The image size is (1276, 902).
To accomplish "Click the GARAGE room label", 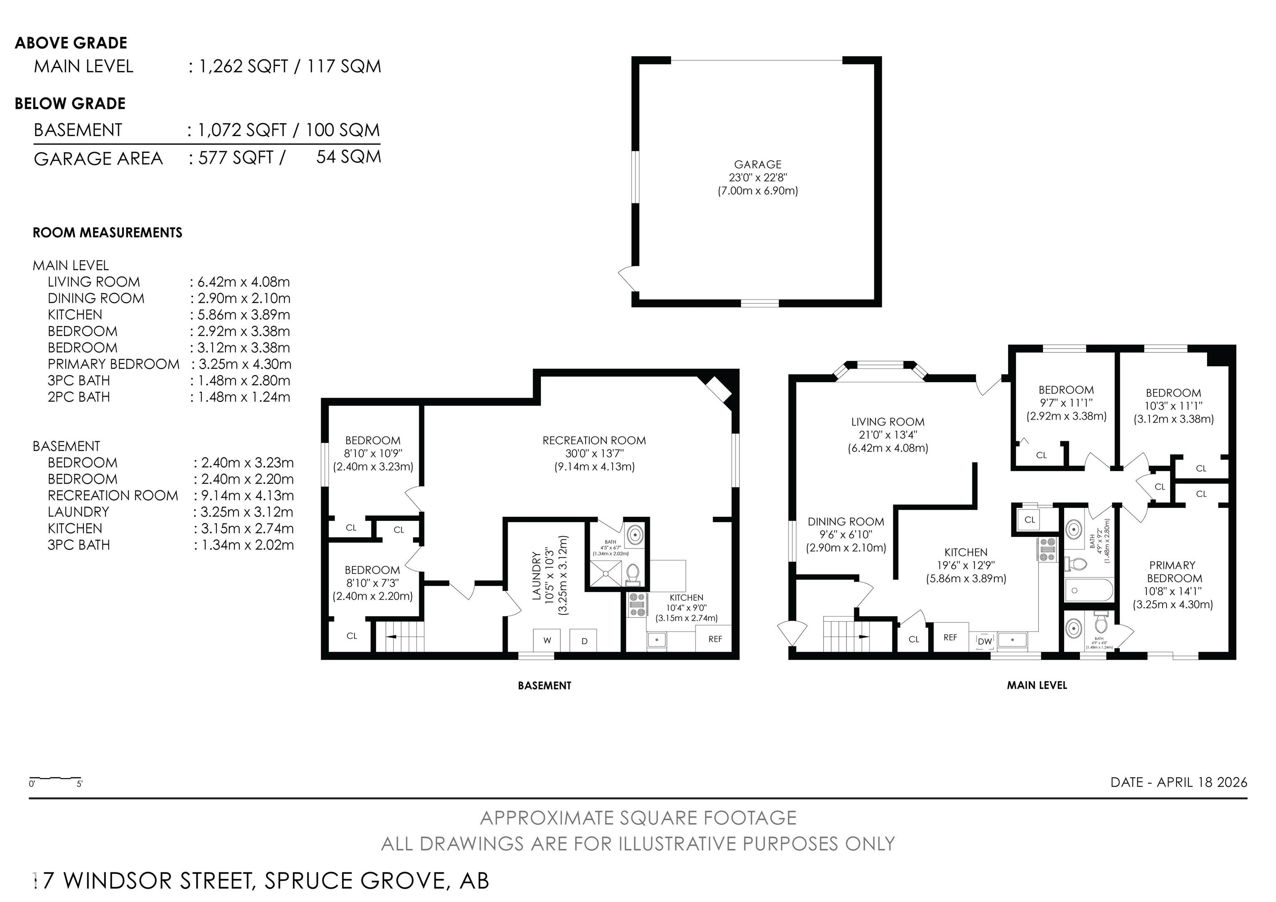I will [758, 165].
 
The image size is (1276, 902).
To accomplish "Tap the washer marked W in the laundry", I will [547, 640].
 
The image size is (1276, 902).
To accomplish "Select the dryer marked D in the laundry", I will [584, 640].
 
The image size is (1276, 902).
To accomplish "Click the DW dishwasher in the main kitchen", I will [984, 641].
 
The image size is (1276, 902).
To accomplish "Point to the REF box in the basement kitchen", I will [715, 639].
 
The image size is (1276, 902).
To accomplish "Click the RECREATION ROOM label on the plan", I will [594, 441].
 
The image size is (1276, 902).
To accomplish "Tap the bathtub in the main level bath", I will [1089, 590].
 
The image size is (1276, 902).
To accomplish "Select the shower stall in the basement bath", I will [606, 573].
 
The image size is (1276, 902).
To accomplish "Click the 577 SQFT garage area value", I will [236, 158].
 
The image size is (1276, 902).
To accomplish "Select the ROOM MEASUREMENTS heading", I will [107, 233].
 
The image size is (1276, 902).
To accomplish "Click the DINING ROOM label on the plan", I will [845, 522].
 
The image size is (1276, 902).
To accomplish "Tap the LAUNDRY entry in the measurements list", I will [79, 512].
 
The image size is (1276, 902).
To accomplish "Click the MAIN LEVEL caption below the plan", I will [1036, 685].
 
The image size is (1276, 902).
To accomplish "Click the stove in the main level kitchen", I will [1048, 549].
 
